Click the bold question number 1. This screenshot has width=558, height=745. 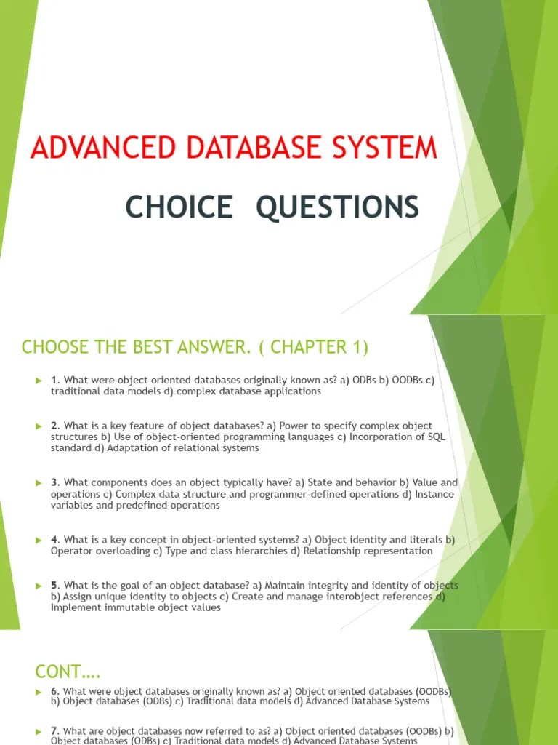click(55, 381)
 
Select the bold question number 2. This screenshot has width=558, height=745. click(55, 426)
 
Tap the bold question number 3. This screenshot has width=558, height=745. click(55, 482)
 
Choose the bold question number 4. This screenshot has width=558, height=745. click(55, 540)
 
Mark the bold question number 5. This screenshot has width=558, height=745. click(55, 585)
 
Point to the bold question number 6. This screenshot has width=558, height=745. click(55, 691)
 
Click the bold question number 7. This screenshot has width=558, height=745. click(55, 730)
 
